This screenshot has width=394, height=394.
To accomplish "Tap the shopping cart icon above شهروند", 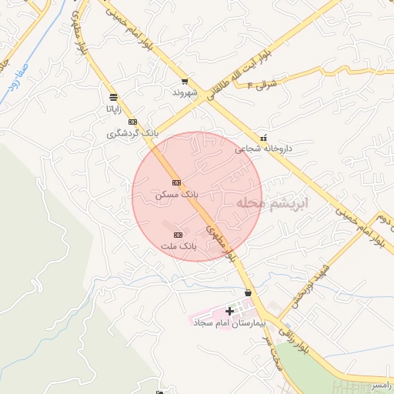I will (185, 81).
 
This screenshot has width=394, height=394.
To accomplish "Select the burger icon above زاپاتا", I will (114, 97).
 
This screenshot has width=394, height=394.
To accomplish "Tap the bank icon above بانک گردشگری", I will (132, 122).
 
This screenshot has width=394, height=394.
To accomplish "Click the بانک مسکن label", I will (176, 195).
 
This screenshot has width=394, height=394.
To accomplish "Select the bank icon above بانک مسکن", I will (177, 182).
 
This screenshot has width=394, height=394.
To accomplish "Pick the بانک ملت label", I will (179, 246).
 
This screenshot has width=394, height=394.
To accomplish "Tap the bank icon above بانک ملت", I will (179, 234).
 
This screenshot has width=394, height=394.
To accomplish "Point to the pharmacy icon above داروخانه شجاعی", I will (265, 137).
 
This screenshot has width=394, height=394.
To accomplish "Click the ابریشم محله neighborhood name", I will (272, 203).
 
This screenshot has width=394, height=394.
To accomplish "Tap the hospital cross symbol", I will (229, 310).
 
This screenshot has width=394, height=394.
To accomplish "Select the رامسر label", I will (379, 382).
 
